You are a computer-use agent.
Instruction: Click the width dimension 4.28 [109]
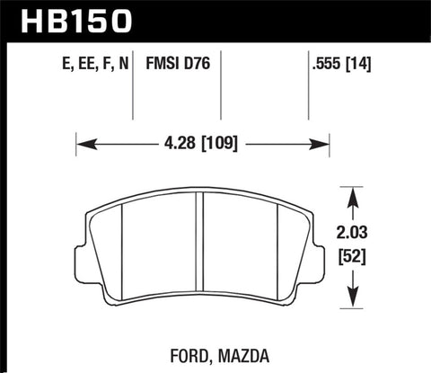pyautogui.click(x=203, y=143)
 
